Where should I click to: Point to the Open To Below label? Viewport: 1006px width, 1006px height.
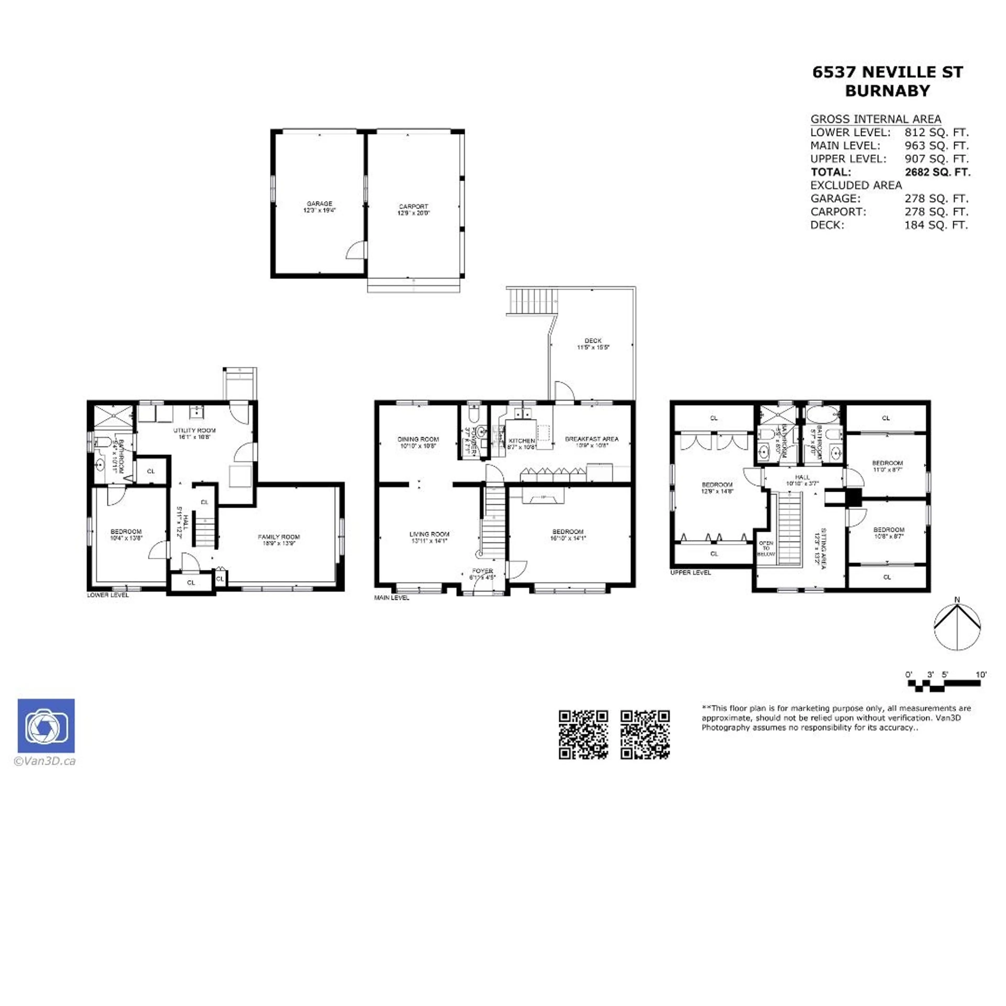coord(766,548)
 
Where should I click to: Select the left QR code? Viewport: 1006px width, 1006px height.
coord(583,735)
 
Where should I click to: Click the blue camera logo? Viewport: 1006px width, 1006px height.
coord(46,726)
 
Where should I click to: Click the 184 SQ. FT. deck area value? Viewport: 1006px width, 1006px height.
coord(936,225)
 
